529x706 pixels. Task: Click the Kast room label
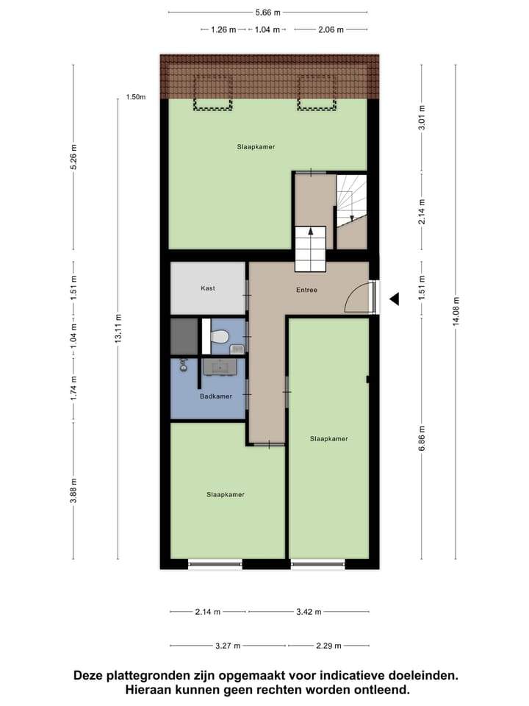[x=208, y=288]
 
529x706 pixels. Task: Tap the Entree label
[x=307, y=290]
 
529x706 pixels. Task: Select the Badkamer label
[x=216, y=396]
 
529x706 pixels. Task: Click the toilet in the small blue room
[x=220, y=336]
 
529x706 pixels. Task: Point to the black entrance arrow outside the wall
[x=394, y=299]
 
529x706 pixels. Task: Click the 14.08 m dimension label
[x=456, y=311]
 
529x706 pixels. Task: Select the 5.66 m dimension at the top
[x=267, y=13]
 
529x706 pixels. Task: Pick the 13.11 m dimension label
[x=118, y=328]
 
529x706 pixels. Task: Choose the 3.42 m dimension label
[x=309, y=612]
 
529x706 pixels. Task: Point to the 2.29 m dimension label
[x=329, y=646]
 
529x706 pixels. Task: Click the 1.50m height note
[x=136, y=97]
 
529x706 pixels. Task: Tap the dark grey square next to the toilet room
[x=184, y=337]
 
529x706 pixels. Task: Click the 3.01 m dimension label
[x=422, y=117]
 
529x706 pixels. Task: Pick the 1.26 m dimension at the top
[x=223, y=29]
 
